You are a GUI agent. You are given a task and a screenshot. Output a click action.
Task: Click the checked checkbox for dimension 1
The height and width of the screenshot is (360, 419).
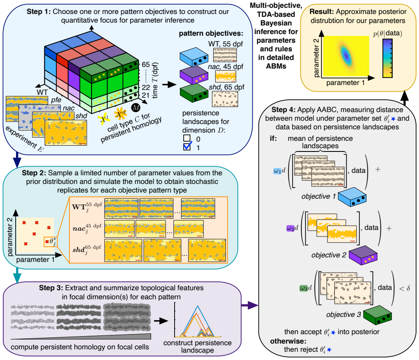point(187,147)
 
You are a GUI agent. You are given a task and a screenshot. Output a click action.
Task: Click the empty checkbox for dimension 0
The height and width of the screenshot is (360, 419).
point(187,138)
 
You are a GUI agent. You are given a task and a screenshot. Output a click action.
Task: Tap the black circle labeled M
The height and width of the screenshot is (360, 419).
point(136,108)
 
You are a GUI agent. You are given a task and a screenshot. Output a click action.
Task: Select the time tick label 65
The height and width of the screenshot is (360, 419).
point(146,64)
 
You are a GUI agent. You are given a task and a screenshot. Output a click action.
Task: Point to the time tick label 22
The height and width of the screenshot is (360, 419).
point(146,87)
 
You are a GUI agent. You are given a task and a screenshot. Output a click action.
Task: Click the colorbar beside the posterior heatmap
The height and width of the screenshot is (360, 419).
point(387,58)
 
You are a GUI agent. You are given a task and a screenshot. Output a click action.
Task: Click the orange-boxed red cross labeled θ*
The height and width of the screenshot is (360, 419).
point(47,242)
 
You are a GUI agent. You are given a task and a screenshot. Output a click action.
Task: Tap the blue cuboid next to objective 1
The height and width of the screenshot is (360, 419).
point(352,197)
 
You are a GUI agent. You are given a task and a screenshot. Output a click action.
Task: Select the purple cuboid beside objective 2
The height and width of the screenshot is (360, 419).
point(363,255)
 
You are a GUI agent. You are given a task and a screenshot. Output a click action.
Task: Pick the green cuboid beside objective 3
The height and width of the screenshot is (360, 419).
point(378,315)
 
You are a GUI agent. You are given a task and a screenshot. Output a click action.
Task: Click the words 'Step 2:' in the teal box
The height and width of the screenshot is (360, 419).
point(34,173)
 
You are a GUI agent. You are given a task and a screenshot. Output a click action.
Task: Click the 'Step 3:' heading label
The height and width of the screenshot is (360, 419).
point(51,288)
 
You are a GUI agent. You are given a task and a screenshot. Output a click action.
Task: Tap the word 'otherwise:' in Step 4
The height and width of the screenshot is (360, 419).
point(288,341)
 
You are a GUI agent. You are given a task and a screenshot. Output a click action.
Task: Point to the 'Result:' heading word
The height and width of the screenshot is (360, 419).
point(322,12)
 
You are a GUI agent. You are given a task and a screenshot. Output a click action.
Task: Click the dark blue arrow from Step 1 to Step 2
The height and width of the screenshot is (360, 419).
point(17,160)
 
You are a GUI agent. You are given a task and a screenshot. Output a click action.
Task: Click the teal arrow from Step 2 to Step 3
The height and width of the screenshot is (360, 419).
point(17,275)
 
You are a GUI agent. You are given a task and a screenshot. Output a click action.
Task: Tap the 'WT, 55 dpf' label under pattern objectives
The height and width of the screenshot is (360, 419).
point(226,44)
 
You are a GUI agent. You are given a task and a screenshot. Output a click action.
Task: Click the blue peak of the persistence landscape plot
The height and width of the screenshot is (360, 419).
point(198,306)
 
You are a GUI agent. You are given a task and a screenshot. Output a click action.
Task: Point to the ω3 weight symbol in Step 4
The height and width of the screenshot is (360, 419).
point(303,288)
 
